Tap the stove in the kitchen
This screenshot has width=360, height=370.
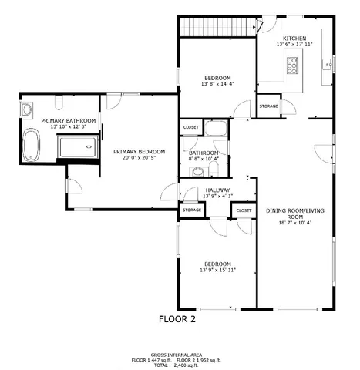(293, 67)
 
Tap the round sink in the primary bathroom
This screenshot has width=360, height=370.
(25, 109)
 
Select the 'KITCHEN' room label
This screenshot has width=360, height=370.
(294, 39)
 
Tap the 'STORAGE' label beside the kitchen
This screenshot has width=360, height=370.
(268, 106)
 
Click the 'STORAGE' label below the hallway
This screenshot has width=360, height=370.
(191, 210)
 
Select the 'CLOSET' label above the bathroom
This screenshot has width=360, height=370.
(190, 127)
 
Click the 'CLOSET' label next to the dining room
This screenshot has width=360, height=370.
(244, 210)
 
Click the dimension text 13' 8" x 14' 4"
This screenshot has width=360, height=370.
(217, 84)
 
